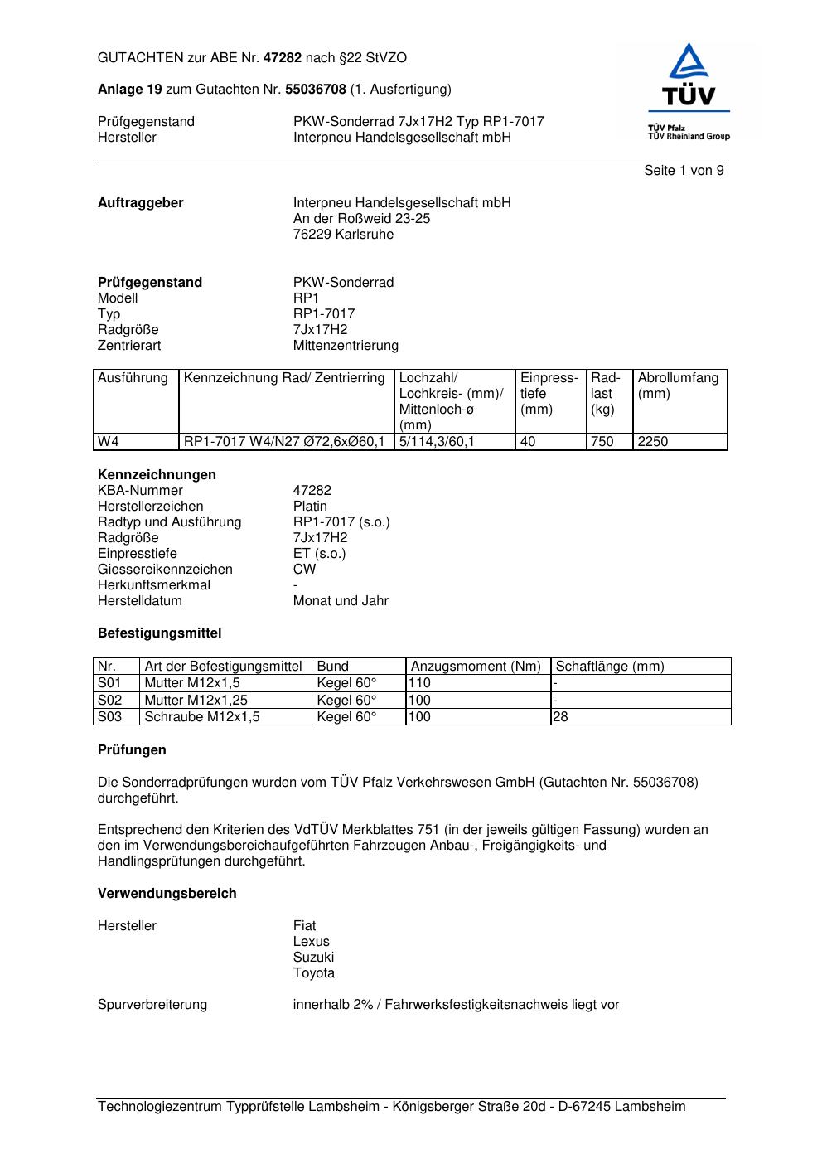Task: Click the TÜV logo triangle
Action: pos(688,63)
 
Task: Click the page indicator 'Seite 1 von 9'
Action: pos(684,171)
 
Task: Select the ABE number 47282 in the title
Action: pos(283,58)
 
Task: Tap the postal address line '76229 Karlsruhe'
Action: pos(343,235)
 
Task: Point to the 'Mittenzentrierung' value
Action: pos(346,346)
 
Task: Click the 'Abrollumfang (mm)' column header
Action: pos(678,386)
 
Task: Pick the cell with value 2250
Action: pos(652,442)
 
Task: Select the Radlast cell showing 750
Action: pos(602,442)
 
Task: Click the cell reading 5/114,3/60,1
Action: pos(437,442)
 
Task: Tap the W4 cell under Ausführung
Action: pos(109,442)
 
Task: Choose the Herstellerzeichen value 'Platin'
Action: pos(310,507)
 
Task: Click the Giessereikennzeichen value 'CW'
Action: pos(304,570)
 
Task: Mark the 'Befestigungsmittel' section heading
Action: pos(159,633)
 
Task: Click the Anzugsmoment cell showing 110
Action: pos(420,683)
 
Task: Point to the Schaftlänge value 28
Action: pos(561,717)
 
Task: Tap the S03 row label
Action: pos(109,717)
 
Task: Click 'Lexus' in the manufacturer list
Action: pos(311,942)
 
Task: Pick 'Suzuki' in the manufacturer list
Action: pos(313,958)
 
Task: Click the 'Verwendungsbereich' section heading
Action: pos(167,894)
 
